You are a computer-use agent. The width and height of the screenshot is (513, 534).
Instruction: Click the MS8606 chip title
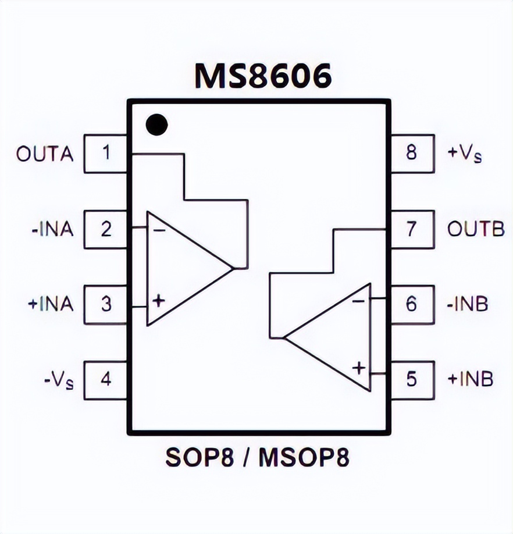pyautogui.click(x=263, y=76)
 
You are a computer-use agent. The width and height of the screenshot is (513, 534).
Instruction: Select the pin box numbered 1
pyautogui.click(x=106, y=154)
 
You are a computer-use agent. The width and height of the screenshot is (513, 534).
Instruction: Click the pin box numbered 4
pyautogui.click(x=106, y=379)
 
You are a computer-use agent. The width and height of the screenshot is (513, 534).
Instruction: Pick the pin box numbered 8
pyautogui.click(x=412, y=154)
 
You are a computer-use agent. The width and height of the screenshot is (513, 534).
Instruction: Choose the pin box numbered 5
pyautogui.click(x=412, y=379)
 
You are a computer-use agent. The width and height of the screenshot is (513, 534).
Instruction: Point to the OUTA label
pyautogui.click(x=45, y=154)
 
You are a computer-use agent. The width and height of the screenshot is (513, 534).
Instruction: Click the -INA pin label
pyautogui.click(x=52, y=229)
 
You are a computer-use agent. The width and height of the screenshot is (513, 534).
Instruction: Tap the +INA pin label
pyautogui.click(x=51, y=304)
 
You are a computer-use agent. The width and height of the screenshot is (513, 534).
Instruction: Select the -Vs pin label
pyautogui.click(x=59, y=380)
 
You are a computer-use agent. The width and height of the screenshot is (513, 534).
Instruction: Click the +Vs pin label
pyautogui.click(x=464, y=154)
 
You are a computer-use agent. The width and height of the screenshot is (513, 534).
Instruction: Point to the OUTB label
pyautogui.click(x=476, y=229)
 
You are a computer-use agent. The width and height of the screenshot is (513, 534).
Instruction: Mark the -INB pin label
pyautogui.click(x=468, y=304)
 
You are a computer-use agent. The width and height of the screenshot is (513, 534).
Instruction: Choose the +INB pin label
pyautogui.click(x=469, y=379)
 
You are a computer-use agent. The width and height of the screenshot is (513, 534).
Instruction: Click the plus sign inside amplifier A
pyautogui.click(x=158, y=300)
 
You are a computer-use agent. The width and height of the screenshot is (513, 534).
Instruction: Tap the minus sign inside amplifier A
pyautogui.click(x=159, y=230)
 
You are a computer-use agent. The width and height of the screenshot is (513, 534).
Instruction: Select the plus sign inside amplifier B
pyautogui.click(x=359, y=368)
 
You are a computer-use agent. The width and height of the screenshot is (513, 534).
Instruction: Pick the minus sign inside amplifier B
pyautogui.click(x=359, y=301)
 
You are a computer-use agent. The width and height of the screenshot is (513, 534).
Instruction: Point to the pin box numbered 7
pyautogui.click(x=412, y=229)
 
